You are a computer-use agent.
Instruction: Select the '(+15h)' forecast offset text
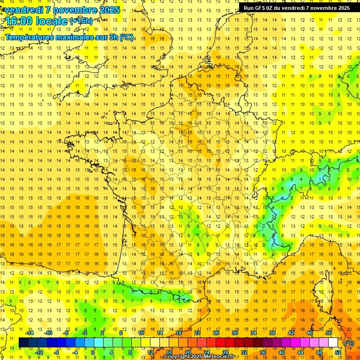[x=81, y=21]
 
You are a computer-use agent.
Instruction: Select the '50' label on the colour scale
[x=328, y=333]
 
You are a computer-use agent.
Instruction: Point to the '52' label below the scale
[x=337, y=352]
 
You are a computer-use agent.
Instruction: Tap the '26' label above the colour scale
[x=216, y=333]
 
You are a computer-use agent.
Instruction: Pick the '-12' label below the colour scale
[x=39, y=352]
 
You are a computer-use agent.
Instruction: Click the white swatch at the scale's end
[x=333, y=343]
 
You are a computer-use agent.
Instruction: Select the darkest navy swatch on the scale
[x=23, y=343]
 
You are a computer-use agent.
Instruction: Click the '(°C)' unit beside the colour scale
[x=349, y=343]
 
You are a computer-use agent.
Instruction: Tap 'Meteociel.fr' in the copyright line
[x=222, y=357]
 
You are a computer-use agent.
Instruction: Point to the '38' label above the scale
[x=272, y=333]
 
